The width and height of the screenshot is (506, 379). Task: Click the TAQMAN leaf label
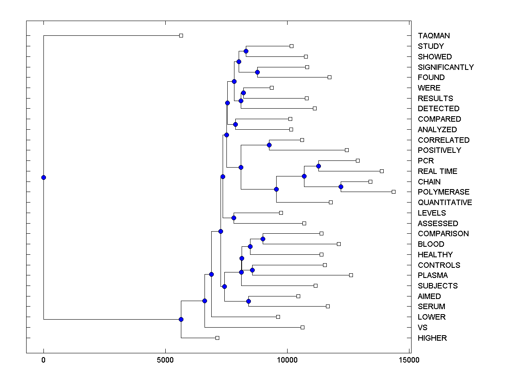point(433,36)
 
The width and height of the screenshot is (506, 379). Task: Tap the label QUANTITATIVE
point(445,203)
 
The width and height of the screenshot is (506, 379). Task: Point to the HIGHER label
point(432,338)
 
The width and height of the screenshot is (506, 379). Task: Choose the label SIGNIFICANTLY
point(446,67)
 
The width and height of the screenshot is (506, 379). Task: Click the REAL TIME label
point(437,171)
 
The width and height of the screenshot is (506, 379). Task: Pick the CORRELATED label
point(444,140)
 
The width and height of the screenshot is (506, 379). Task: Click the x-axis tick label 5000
point(165,360)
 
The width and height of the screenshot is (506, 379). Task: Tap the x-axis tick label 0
point(43,360)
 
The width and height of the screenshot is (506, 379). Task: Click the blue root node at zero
point(43,177)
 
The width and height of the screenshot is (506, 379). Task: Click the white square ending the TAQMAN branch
point(181,35)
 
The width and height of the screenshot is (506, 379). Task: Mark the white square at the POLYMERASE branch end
point(393,192)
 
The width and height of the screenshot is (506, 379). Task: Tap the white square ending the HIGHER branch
point(217,338)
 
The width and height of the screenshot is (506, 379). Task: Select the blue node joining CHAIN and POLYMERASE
point(341,187)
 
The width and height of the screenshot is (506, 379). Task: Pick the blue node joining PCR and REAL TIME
point(318,166)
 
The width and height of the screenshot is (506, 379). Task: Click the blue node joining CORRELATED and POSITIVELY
point(269,145)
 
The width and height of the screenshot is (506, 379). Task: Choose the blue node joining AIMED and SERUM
point(248,301)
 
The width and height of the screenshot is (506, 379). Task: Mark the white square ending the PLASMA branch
point(351,275)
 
